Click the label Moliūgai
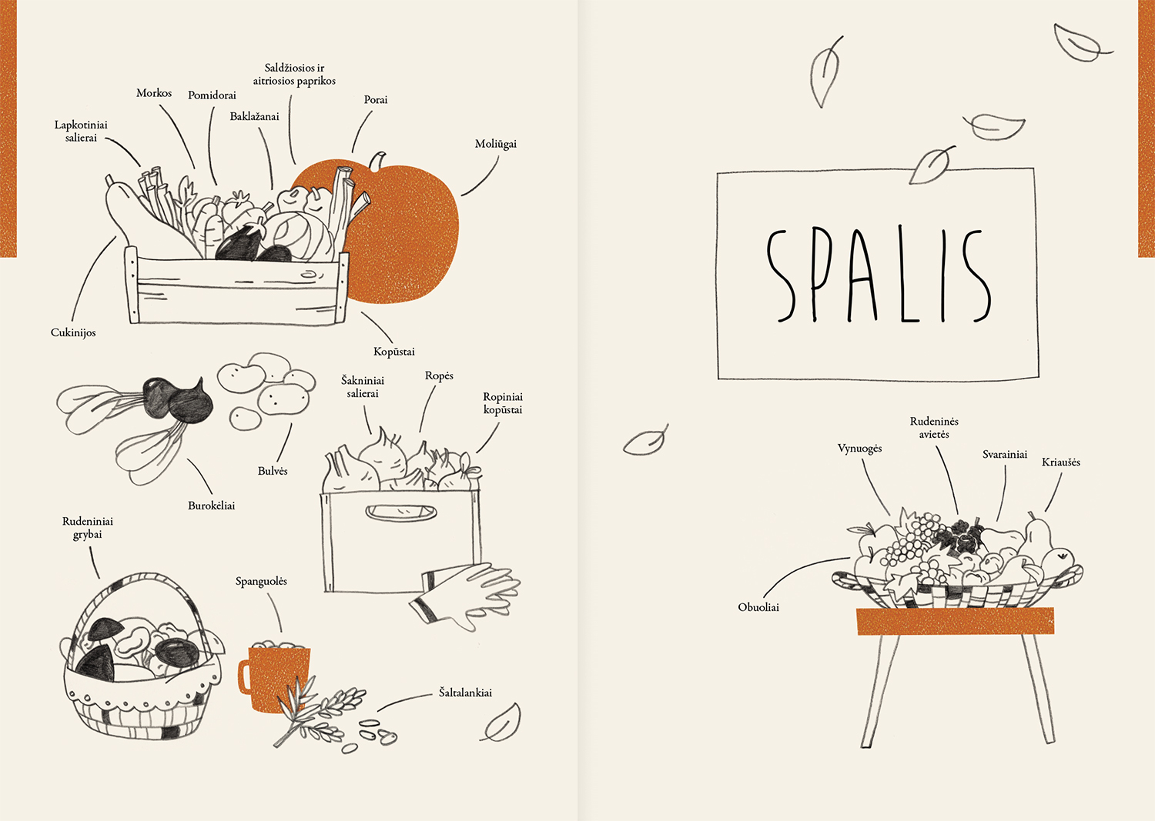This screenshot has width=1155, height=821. (496, 145)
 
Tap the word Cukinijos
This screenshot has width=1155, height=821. (73, 333)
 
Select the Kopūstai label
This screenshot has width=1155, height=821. (394, 352)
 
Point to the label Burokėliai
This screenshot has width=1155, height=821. (212, 506)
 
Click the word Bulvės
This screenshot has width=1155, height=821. (273, 471)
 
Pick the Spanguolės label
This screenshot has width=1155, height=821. (262, 582)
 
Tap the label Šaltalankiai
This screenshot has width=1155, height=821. (465, 693)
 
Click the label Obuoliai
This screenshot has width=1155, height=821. (758, 607)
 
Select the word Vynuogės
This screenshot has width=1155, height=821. (859, 449)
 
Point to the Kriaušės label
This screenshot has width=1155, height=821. (1060, 462)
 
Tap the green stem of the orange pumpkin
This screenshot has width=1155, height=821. (378, 161)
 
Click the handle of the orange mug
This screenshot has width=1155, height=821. (244, 676)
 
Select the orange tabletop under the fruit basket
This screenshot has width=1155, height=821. (956, 621)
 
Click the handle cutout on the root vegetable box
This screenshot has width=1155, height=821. (400, 512)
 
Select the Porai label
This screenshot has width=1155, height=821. (376, 100)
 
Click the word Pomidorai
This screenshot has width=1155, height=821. (212, 95)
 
